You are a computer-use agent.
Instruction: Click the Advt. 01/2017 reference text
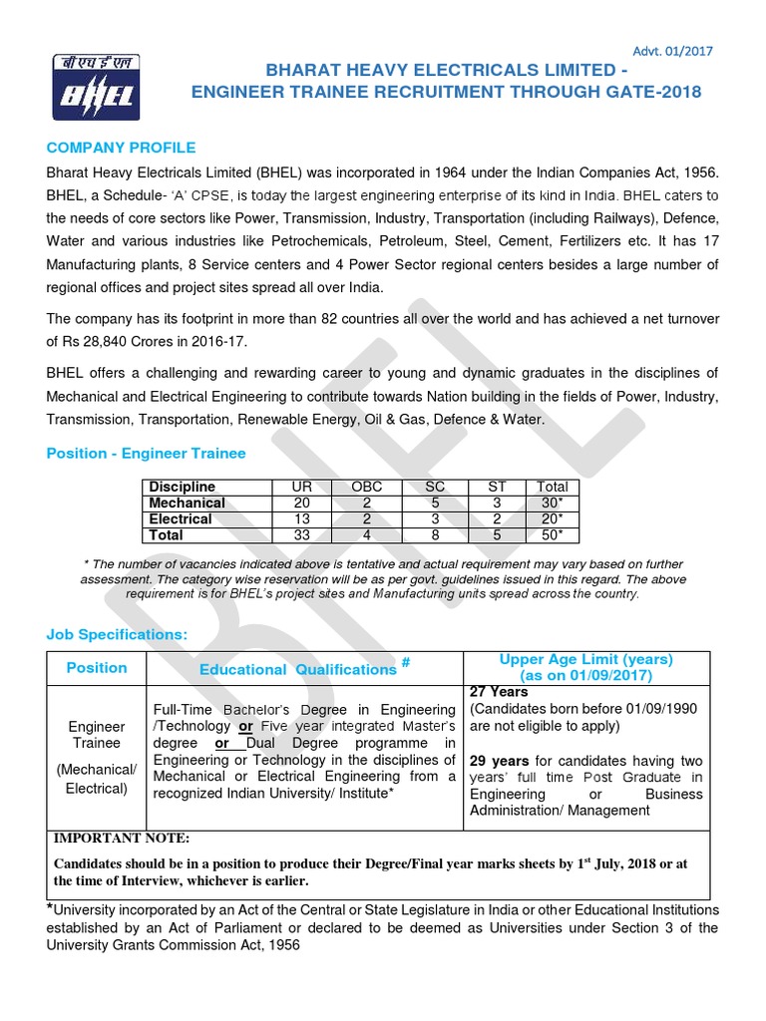673,51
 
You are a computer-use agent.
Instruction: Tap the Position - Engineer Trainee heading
146,453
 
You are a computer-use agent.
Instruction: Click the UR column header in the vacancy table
301,487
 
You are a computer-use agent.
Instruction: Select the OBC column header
367,487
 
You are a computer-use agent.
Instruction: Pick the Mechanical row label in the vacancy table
187,503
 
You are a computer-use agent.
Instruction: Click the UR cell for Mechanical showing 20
301,503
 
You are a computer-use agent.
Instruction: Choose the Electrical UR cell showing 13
301,518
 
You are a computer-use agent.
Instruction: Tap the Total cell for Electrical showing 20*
551,518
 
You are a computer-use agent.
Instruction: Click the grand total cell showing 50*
551,535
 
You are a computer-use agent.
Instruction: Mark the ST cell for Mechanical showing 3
497,503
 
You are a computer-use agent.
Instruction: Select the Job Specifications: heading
117,634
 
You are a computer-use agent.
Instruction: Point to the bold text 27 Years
499,691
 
